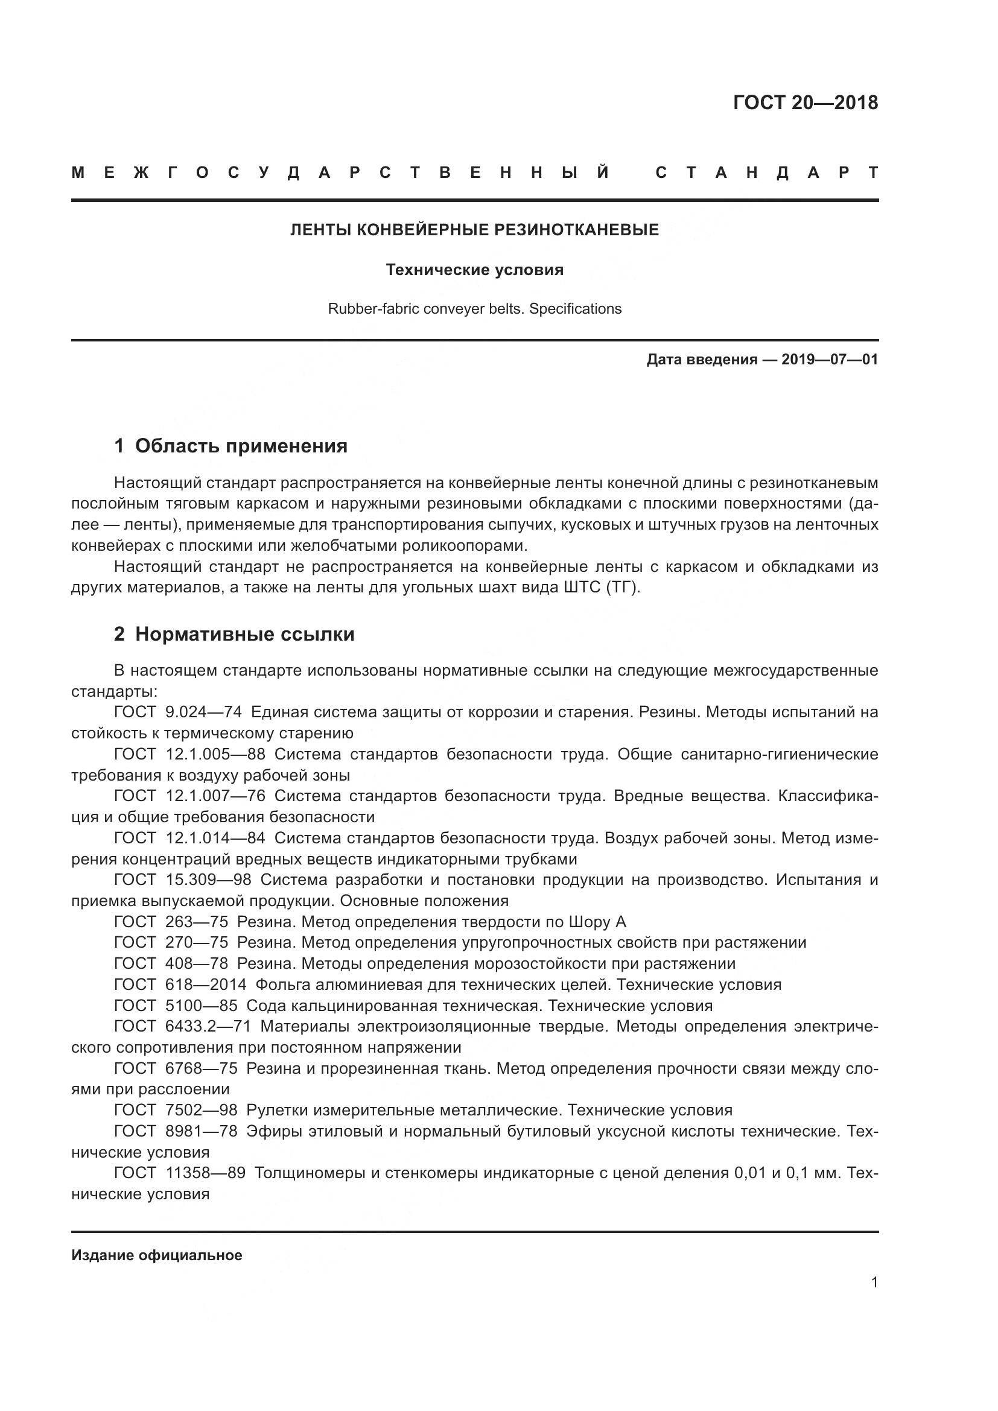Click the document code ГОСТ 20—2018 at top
tap(805, 103)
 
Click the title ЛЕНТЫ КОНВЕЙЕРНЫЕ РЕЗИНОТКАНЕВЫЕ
tap(474, 230)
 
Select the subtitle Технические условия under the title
tap(474, 270)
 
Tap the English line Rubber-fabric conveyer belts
tap(474, 308)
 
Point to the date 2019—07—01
tap(829, 360)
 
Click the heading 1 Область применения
tap(230, 446)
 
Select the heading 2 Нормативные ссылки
tap(234, 633)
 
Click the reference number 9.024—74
tap(203, 712)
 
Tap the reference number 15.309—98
tap(208, 880)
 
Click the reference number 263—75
tap(197, 922)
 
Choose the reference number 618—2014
tap(206, 985)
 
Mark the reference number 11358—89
tap(206, 1173)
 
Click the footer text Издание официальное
tap(157, 1255)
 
